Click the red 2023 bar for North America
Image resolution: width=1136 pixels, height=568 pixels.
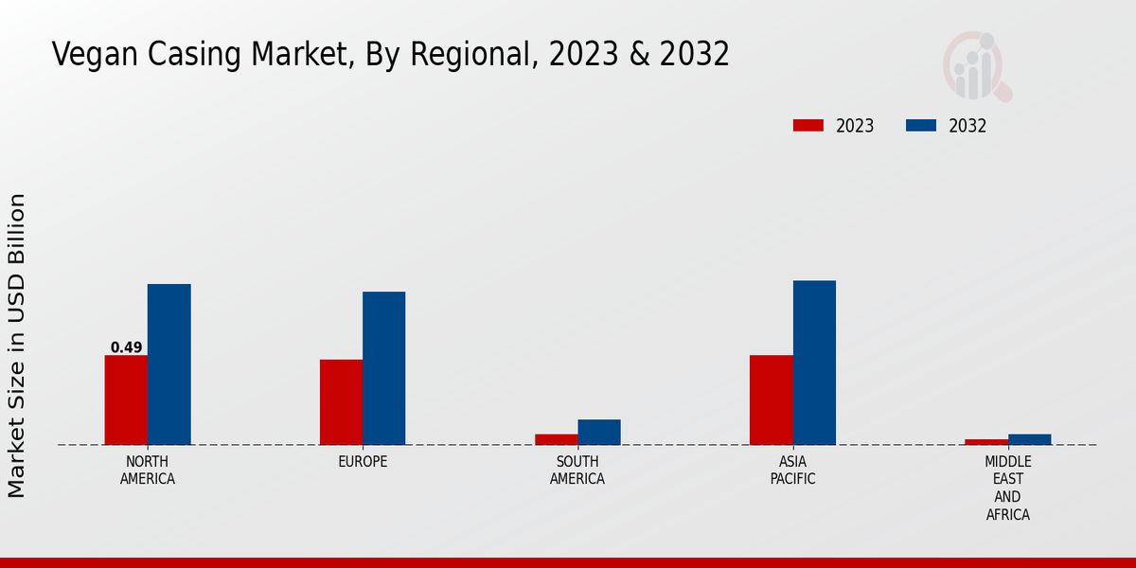tap(126, 399)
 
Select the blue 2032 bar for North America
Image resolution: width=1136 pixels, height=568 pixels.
tap(169, 364)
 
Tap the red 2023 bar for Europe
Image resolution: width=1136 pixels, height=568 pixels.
tap(341, 402)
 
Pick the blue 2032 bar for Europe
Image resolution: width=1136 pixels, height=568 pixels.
tap(383, 368)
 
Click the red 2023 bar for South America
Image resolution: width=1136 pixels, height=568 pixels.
tap(556, 439)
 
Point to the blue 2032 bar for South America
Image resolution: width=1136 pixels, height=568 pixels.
tap(599, 432)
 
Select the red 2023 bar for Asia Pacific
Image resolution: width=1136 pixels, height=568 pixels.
tap(771, 399)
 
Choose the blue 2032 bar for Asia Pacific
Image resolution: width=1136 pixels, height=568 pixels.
tap(814, 363)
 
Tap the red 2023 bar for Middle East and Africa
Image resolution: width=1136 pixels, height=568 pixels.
tap(986, 442)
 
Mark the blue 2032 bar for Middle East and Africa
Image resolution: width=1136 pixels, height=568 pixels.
tap(1029, 439)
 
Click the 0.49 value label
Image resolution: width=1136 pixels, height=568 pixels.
tap(126, 347)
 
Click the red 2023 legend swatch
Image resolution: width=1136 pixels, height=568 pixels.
tap(808, 126)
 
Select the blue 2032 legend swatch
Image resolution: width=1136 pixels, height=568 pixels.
tap(921, 126)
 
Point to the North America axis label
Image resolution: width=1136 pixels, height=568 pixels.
tap(148, 470)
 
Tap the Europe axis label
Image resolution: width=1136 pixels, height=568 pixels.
tap(363, 462)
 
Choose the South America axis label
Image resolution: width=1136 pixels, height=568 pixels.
tap(577, 470)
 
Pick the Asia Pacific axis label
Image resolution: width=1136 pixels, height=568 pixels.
tap(792, 470)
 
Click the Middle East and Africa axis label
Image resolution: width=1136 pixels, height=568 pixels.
tap(1007, 488)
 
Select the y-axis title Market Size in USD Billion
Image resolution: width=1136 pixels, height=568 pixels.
tap(17, 346)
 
